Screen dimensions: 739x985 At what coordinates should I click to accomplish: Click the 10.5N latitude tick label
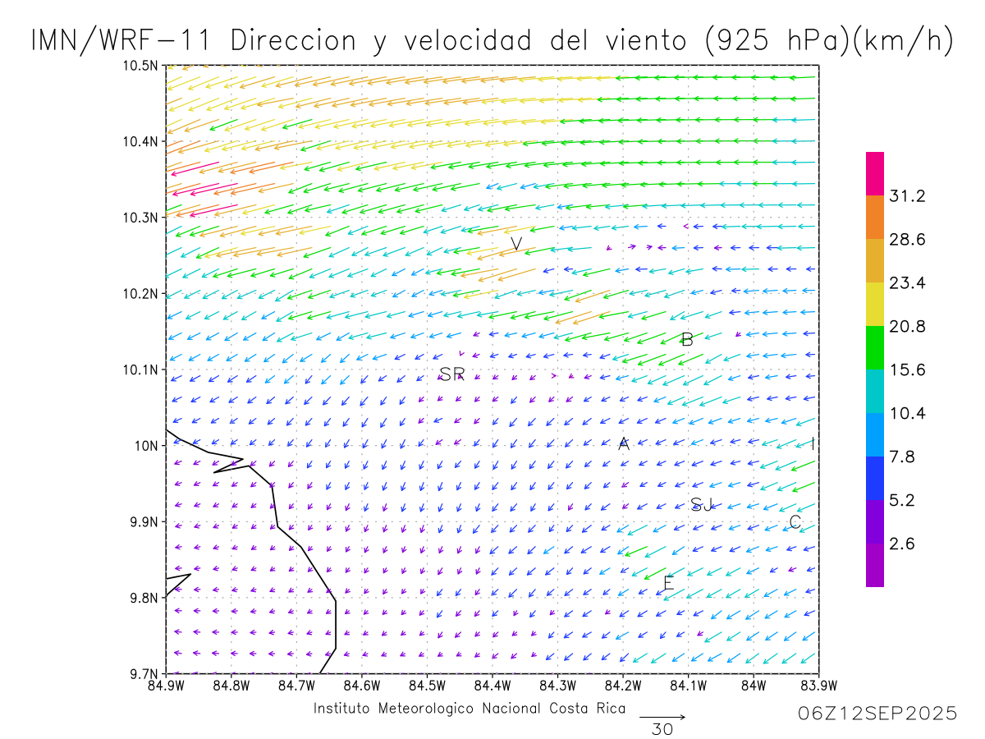click(141, 66)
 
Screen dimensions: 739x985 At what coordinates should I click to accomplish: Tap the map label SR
click(451, 374)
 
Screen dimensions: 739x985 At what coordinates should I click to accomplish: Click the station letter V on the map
click(516, 244)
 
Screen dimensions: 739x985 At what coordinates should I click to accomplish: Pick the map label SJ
click(702, 504)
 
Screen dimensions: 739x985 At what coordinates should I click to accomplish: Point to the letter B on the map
click(688, 339)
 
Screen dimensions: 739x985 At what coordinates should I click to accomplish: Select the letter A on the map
click(624, 444)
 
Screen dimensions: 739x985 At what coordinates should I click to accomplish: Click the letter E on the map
click(668, 584)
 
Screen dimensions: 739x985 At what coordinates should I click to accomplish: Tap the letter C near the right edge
click(795, 522)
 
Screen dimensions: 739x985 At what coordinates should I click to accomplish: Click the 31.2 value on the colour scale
click(907, 196)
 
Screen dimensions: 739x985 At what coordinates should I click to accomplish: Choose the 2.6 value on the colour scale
click(903, 544)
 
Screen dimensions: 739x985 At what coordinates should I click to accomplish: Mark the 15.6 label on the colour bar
click(907, 370)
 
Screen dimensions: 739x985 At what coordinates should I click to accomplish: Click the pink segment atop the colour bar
click(875, 173)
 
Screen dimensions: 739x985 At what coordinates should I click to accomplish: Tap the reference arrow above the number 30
click(662, 718)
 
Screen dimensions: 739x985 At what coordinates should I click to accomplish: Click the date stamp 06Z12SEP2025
click(877, 714)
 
